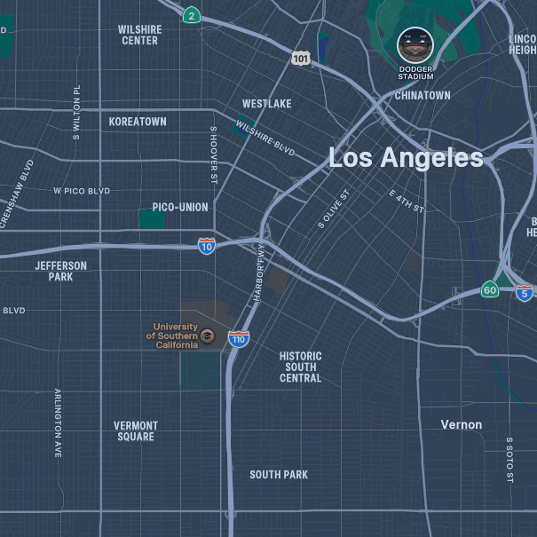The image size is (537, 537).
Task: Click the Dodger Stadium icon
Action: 415,43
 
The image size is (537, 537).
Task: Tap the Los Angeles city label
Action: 406,158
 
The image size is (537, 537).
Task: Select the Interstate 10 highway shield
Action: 206,246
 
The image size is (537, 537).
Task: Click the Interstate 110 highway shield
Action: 238,338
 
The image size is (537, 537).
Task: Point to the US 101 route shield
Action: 301,58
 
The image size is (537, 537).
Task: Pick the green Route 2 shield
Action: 192,15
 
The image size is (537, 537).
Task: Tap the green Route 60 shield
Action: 490,290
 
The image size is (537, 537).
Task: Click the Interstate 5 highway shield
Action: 525,292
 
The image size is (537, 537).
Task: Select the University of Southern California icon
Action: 207,335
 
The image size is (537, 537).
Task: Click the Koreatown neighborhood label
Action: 138,122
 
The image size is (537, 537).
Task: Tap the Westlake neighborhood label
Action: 266,104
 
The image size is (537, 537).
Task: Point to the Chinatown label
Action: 422,95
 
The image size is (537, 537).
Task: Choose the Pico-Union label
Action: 180,208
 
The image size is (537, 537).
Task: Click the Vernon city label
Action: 462,425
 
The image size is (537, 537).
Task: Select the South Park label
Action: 279,475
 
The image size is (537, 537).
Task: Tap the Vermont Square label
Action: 136,431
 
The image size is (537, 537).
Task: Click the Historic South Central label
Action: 301,367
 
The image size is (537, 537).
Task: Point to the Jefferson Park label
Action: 61,271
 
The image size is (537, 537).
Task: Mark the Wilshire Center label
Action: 139,35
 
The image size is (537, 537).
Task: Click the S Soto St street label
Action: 509,459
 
